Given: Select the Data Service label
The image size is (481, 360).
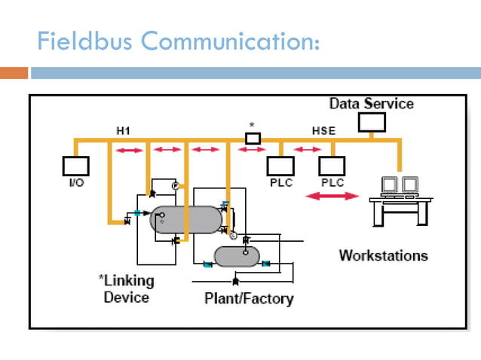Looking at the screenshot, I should [371, 103].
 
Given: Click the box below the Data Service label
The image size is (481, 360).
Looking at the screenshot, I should [371, 121].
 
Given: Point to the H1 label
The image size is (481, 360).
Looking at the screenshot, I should [123, 131].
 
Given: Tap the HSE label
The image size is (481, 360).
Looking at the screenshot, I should [323, 131].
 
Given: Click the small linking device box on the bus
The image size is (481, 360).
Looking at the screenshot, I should [253, 138].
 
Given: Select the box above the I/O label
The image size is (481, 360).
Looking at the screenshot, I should [75, 166].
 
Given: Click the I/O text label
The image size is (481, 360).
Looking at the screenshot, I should [75, 183].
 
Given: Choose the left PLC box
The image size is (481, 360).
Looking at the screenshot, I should [281, 166].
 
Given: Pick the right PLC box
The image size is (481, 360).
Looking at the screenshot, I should [332, 166].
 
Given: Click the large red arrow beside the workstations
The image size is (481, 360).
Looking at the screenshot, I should [332, 197].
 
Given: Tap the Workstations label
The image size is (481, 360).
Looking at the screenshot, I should [383, 255].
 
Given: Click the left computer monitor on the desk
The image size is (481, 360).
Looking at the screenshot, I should [390, 185].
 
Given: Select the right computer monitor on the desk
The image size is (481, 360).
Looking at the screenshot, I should [409, 185].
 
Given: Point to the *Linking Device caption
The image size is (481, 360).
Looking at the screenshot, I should [126, 288].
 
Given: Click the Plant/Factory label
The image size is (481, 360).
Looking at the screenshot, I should [249, 299].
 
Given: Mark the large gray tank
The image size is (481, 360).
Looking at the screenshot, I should [186, 219].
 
